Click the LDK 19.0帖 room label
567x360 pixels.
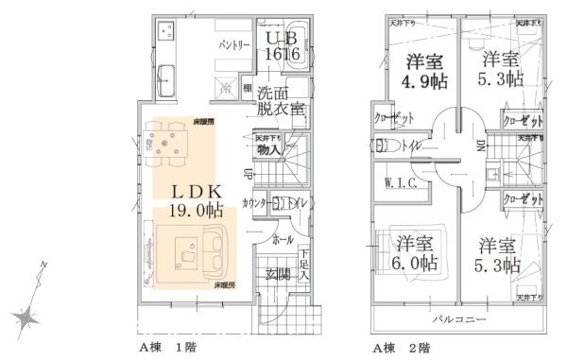(x=196, y=199)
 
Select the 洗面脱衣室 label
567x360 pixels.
(x=281, y=100)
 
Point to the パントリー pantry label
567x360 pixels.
(x=233, y=43)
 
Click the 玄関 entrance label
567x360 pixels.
(x=278, y=274)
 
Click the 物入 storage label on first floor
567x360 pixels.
(x=268, y=148)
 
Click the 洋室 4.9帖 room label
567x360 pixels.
(x=426, y=72)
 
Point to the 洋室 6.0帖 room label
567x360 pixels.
(x=415, y=250)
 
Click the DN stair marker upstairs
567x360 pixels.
(x=479, y=146)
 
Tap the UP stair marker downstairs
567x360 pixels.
(x=248, y=174)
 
